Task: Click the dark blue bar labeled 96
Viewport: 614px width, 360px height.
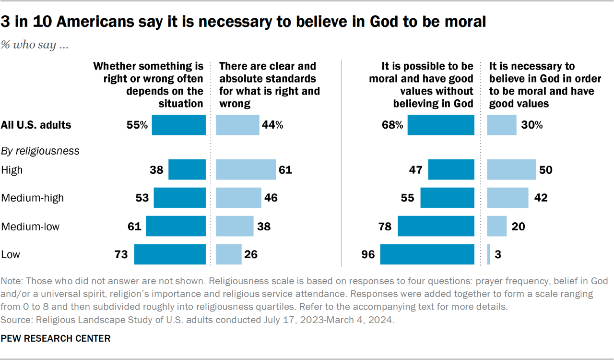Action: [427, 254]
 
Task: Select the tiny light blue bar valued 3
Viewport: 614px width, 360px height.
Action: [488, 254]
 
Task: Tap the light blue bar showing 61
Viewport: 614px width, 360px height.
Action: [246, 170]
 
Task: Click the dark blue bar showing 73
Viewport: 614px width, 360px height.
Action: [170, 254]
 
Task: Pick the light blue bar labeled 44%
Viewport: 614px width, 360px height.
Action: [238, 125]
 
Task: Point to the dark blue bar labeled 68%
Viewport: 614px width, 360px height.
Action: [441, 125]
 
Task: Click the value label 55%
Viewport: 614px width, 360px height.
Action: [136, 125]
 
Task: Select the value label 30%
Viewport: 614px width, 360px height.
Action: [532, 125]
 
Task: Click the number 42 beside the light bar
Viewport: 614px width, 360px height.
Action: [541, 198]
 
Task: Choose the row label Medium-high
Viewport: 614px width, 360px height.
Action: [33, 198]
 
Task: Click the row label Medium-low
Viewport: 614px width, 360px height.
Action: [31, 226]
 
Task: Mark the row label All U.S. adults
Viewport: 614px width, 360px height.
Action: [36, 125]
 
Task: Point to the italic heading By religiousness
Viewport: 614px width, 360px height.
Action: [40, 151]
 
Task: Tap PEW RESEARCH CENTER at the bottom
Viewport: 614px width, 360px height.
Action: [56, 338]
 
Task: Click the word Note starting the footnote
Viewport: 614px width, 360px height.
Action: [12, 281]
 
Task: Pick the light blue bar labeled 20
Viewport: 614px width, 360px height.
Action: [497, 226]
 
